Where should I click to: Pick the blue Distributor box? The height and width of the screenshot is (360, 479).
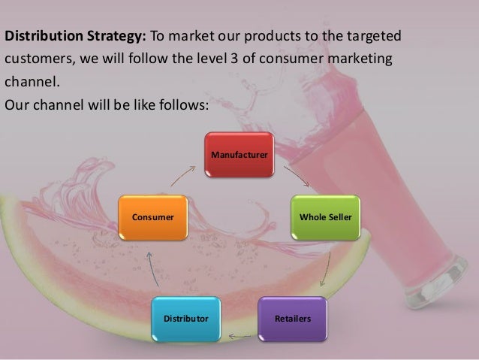[x=186, y=319]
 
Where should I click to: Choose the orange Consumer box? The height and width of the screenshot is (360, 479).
[x=153, y=217]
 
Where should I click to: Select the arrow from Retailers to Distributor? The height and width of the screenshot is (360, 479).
[x=240, y=336]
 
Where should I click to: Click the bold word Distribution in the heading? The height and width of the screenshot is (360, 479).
[x=38, y=37]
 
